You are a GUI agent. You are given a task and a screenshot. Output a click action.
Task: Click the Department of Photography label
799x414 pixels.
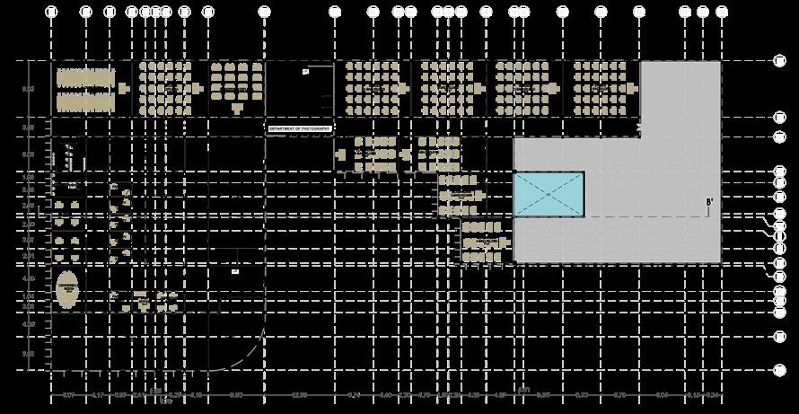(x=300, y=128)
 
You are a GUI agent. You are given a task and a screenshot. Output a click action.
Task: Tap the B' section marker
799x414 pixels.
(x=709, y=202)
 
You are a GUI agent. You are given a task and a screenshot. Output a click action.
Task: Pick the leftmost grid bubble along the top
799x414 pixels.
(x=51, y=12)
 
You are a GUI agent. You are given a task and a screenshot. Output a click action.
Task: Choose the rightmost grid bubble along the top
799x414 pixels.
(x=722, y=12)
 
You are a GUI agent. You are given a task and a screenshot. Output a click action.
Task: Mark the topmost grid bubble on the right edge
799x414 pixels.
(x=780, y=60)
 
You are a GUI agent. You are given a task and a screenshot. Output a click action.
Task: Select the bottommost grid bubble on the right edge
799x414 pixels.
(x=780, y=368)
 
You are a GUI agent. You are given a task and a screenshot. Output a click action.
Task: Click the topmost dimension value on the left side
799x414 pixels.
(x=28, y=89)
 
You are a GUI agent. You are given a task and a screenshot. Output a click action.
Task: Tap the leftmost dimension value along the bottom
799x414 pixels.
(x=68, y=395)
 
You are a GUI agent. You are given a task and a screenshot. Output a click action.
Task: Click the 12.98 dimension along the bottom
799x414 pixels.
(x=300, y=395)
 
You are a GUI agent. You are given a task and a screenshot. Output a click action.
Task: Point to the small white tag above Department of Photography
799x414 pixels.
(x=305, y=71)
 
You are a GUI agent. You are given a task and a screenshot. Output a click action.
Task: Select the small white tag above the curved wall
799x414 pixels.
(x=234, y=270)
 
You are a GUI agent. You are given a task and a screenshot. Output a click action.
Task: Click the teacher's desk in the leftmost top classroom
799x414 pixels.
(x=123, y=88)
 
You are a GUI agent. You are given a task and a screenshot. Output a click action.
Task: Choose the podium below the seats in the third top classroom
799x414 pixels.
(x=237, y=109)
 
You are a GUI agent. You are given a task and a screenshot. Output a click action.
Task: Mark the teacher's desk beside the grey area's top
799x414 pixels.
(x=631, y=88)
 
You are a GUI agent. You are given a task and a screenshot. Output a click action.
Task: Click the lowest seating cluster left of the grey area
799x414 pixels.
(x=484, y=242)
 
